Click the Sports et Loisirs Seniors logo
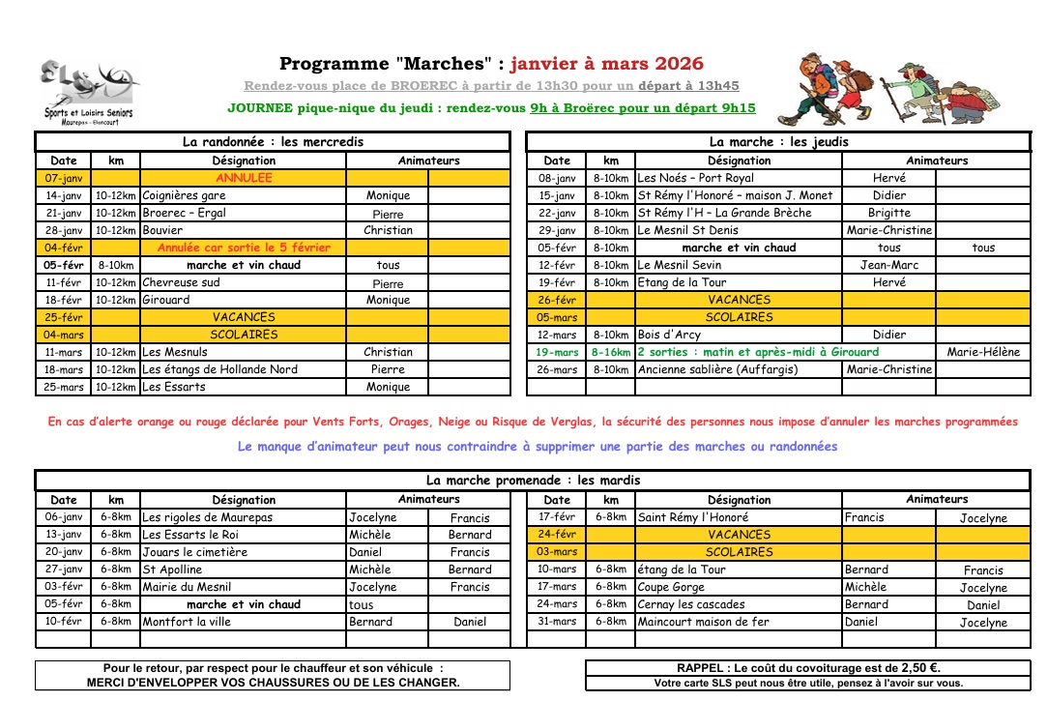(87, 91)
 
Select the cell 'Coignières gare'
(184, 195)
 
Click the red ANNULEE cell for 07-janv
(244, 178)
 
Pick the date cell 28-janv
(64, 230)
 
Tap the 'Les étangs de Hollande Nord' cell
(219, 369)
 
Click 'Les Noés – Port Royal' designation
(695, 178)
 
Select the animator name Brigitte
(888, 213)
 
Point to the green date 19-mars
(557, 352)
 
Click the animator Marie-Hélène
(983, 352)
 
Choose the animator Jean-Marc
(888, 265)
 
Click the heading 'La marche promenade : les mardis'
(533, 480)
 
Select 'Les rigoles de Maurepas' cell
(208, 517)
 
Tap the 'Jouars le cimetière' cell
(195, 552)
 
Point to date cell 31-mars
(557, 622)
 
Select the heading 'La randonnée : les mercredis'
(274, 142)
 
